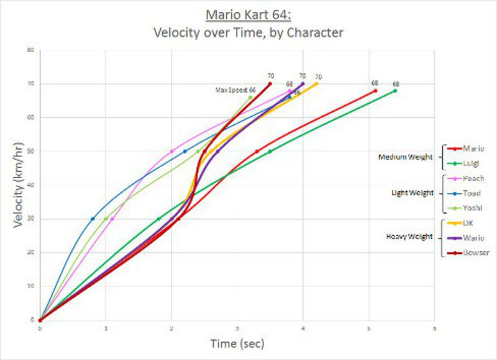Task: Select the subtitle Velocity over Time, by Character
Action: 248,32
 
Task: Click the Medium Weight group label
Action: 405,156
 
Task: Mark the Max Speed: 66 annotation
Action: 235,90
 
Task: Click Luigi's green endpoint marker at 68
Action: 395,91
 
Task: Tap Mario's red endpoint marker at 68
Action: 375,91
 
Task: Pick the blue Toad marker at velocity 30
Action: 93,218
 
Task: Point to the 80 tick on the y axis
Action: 30,50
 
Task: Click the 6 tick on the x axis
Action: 434,327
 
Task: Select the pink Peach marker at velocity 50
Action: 171,151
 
